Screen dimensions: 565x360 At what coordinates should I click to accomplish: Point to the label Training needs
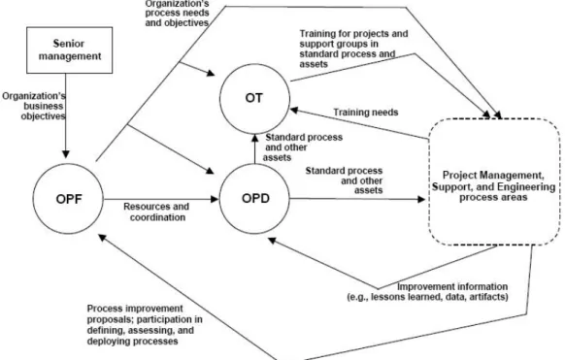coord(366,113)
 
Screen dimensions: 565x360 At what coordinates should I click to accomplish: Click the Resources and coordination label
coord(156,212)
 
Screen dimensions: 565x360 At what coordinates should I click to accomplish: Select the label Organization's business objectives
coord(34,106)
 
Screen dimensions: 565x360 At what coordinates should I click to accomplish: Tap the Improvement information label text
coord(428,292)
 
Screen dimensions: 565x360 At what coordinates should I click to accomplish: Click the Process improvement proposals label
coord(145,325)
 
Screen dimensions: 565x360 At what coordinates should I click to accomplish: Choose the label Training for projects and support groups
coord(353,49)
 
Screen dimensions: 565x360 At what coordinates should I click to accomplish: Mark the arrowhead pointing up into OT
coord(254,138)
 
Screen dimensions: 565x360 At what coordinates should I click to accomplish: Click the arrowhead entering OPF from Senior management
coord(66,154)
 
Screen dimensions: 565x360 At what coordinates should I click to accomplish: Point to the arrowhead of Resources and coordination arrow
coord(215,199)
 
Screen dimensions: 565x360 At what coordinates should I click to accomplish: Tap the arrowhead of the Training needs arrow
coord(294,111)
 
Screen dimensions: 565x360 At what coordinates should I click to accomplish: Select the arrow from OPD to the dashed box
coord(357,199)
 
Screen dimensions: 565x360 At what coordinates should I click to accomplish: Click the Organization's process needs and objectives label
coord(177,13)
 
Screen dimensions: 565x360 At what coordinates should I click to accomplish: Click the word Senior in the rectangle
coord(69,44)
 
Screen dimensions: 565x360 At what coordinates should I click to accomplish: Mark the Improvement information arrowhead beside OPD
coord(272,241)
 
